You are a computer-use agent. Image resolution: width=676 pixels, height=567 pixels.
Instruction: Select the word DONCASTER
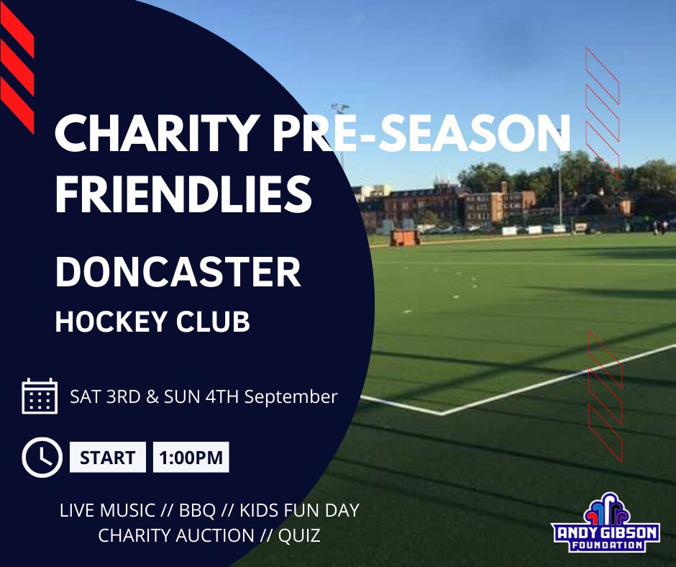(x=178, y=273)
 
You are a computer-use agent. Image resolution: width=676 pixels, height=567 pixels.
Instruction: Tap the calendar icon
(x=40, y=396)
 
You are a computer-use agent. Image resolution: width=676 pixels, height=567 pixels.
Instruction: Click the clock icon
(x=42, y=457)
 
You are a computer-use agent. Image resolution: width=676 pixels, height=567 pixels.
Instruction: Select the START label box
(x=107, y=458)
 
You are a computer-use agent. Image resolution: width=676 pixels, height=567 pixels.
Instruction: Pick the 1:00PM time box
(x=191, y=458)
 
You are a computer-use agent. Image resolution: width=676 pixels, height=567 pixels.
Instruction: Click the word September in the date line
(x=291, y=396)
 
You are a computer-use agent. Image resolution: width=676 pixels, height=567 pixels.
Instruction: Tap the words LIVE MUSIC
(x=107, y=511)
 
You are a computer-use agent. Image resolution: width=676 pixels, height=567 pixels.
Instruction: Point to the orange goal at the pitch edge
(x=405, y=237)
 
